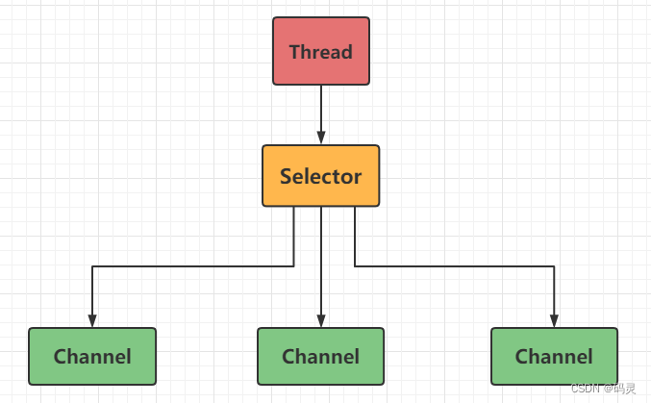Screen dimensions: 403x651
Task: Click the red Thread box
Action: (320, 51)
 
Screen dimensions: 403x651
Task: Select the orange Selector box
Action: (320, 176)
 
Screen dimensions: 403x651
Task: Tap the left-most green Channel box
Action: (92, 356)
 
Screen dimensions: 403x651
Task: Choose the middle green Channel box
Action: (320, 356)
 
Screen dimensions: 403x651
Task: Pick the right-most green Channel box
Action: (554, 356)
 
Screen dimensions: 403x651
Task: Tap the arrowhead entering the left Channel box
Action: (92, 320)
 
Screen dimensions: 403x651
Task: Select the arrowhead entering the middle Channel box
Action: (320, 320)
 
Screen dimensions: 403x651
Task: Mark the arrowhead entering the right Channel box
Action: (554, 320)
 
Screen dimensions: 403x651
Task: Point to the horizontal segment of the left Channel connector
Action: (192, 266)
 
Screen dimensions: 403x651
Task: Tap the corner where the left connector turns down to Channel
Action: (92, 266)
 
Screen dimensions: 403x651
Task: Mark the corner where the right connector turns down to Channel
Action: (554, 266)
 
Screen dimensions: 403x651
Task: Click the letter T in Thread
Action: (294, 52)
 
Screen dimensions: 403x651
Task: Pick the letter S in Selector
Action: (286, 177)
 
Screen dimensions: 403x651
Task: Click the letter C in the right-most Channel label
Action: (521, 357)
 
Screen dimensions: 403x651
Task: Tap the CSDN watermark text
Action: (585, 388)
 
